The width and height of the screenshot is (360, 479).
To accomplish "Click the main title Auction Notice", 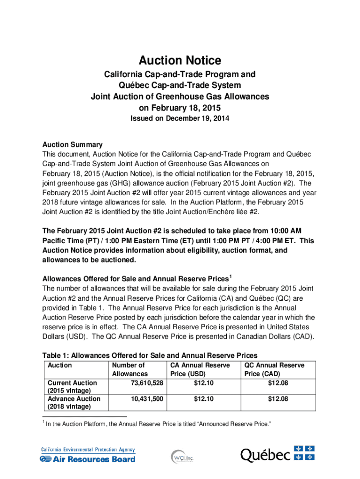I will coord(180,60).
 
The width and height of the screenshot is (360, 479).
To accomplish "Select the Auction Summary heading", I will coord(72,145).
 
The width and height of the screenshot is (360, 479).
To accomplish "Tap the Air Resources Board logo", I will coord(87,455).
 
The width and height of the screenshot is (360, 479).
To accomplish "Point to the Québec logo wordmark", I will coord(265,455).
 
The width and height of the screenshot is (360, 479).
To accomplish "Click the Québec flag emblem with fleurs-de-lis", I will coord(304,453).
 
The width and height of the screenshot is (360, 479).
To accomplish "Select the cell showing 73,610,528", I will coord(145,383).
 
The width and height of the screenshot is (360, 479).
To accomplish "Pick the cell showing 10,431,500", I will coord(145,399).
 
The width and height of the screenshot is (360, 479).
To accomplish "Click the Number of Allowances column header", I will coord(129,370).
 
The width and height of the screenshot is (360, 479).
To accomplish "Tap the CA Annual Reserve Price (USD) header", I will coord(200,370).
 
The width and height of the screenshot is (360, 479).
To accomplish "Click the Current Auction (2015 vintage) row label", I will coord(70,387).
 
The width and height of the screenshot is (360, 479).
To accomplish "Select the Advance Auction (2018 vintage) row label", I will coord(72,403).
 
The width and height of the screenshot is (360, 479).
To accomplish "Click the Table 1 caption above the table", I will coord(150,355).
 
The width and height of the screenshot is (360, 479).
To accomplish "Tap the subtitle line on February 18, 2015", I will coord(180,108).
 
